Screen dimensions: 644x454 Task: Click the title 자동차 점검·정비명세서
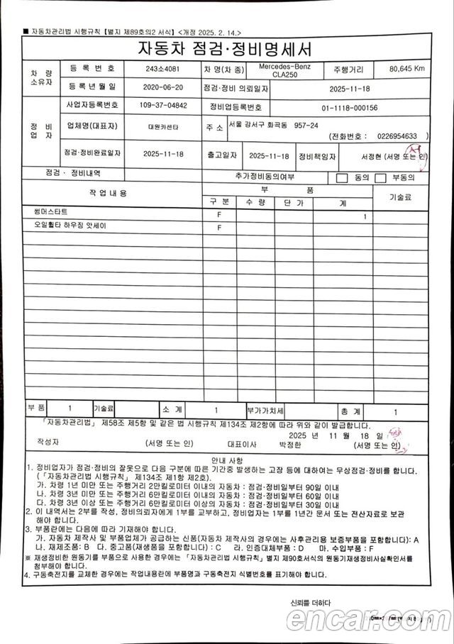(227, 50)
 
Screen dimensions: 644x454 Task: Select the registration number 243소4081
(162, 70)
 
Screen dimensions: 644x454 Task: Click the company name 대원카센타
(162, 128)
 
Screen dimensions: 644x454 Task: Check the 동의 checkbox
(342, 178)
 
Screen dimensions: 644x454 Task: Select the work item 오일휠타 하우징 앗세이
(65, 226)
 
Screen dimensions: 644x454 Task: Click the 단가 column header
(292, 203)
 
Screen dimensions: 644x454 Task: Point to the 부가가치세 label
(265, 411)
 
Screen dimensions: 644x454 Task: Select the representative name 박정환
(292, 445)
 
